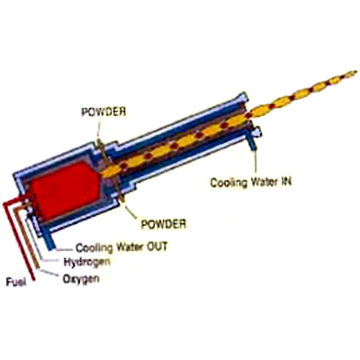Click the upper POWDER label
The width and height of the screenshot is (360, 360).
point(103,112)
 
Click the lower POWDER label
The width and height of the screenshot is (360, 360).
point(163,224)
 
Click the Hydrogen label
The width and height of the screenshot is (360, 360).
point(86,262)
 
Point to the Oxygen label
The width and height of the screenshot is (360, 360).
point(81,279)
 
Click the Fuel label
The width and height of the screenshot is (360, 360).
point(16,282)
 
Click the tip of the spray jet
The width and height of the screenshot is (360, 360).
point(356,72)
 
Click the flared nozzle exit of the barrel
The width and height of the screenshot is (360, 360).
point(243,98)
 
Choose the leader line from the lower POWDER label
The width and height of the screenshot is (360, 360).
point(130,211)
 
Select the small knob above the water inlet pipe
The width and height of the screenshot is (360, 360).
point(257,131)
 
